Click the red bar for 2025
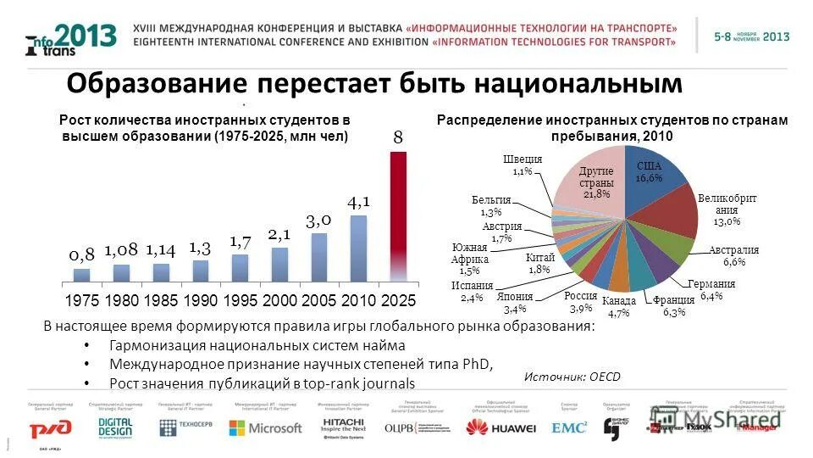tap(398, 216)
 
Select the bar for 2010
tap(358, 248)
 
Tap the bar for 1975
tap(81, 275)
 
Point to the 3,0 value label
tap(318, 220)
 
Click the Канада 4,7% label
tap(617, 307)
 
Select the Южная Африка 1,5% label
tap(470, 259)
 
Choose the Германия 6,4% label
tap(711, 290)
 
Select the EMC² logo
tap(568, 427)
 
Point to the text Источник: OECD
tap(572, 377)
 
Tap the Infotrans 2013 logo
tap(71, 39)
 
